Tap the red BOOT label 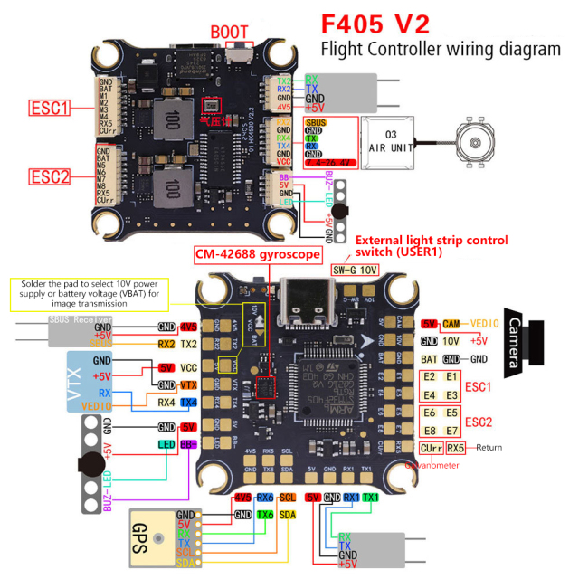point(230,33)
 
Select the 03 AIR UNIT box point(392,141)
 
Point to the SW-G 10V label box point(356,269)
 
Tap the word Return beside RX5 point(489,448)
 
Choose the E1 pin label point(451,377)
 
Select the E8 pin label point(431,430)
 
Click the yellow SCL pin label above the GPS point(287,498)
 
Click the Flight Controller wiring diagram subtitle point(441,49)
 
